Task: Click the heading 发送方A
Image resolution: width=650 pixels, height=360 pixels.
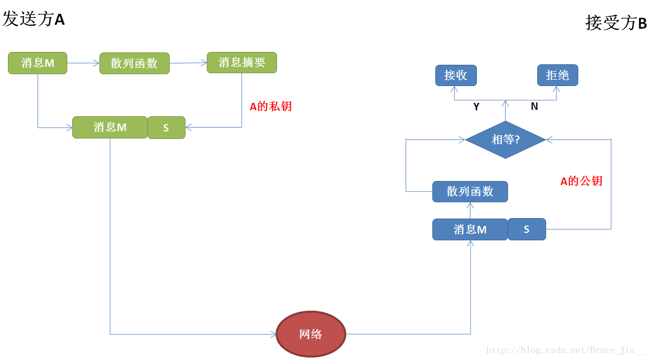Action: click(x=34, y=19)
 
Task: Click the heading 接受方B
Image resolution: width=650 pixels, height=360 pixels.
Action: click(x=616, y=23)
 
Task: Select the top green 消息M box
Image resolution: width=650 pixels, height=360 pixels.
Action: click(x=38, y=63)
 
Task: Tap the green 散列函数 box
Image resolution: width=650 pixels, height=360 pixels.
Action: click(x=134, y=63)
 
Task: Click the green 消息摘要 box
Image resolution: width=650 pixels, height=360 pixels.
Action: click(x=241, y=62)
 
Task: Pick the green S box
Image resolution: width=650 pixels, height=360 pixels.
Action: click(x=166, y=128)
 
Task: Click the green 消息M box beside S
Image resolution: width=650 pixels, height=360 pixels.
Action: click(x=110, y=127)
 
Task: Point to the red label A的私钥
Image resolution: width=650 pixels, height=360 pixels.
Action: click(x=271, y=106)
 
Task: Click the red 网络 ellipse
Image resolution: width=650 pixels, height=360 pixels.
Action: click(x=311, y=334)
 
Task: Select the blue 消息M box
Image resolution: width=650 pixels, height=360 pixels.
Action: click(x=470, y=229)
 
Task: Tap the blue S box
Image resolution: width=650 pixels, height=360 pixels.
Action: click(x=527, y=229)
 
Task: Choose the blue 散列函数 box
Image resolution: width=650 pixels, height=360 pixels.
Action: click(x=470, y=191)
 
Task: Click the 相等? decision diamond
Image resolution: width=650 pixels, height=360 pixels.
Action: click(x=505, y=140)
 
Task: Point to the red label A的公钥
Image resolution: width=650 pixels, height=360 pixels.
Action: click(x=581, y=181)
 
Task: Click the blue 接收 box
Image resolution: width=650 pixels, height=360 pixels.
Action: click(x=456, y=75)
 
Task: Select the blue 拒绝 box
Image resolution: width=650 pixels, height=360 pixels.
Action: click(x=557, y=75)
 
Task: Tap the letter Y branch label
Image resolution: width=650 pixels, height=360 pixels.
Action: click(x=476, y=107)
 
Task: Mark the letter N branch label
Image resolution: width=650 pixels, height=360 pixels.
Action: click(x=534, y=106)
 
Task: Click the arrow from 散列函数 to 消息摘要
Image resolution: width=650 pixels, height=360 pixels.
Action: click(x=188, y=63)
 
